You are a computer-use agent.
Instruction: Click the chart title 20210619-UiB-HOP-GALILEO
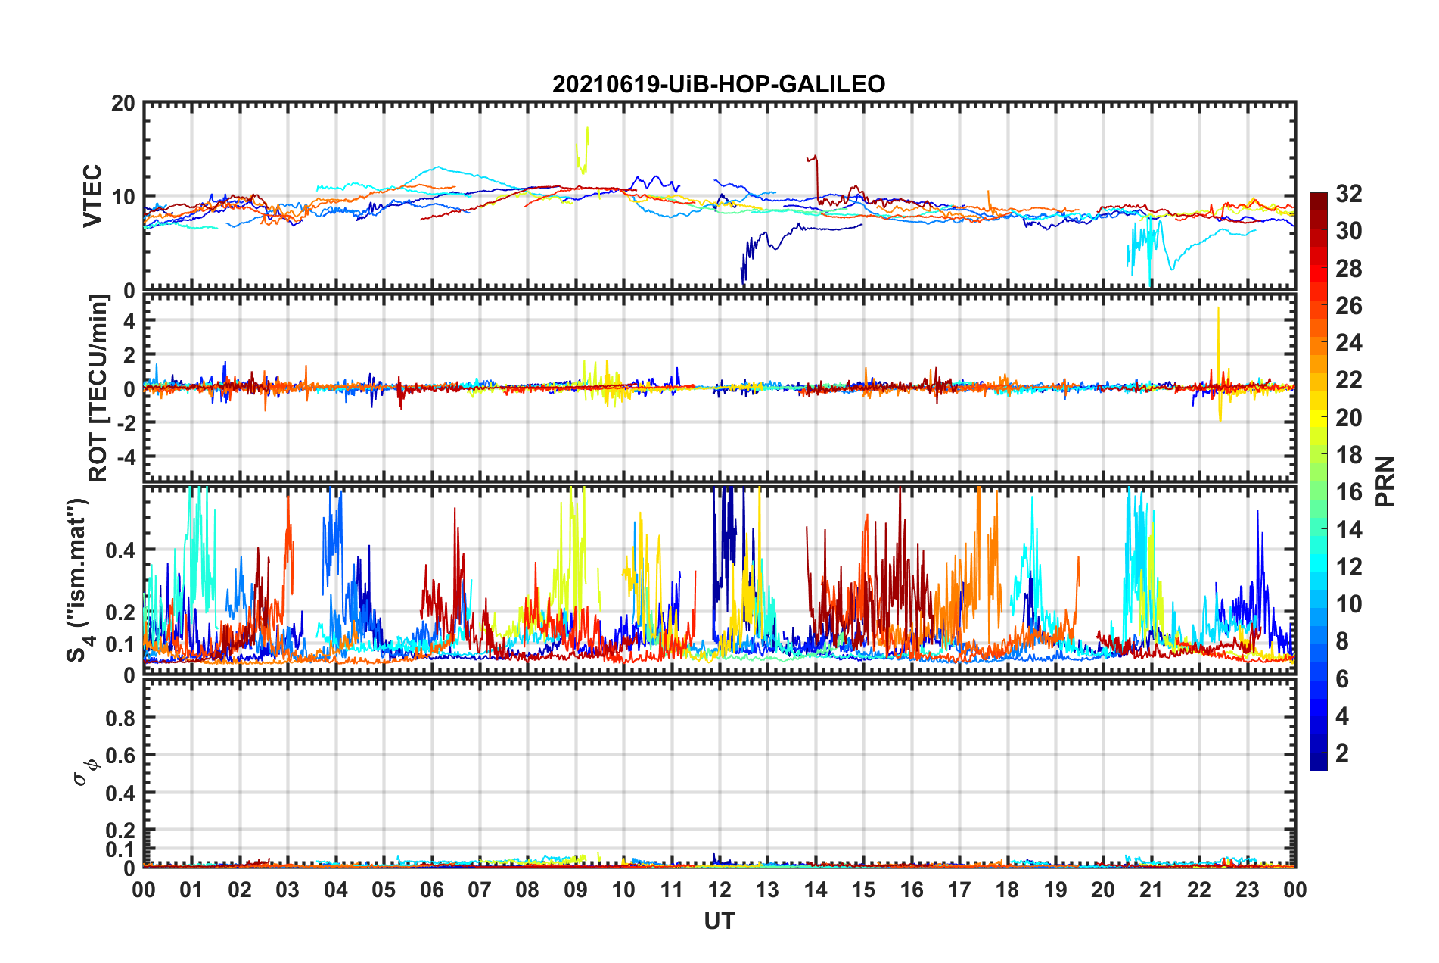point(718,84)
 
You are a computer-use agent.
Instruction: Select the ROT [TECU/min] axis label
point(98,388)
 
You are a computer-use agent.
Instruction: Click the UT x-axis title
point(719,921)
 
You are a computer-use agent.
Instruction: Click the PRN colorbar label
point(1385,481)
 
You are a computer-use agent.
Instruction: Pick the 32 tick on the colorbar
point(1348,194)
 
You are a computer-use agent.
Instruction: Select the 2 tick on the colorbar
point(1342,753)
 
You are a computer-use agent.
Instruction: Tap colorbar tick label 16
point(1348,492)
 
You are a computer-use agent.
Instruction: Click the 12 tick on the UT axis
point(719,890)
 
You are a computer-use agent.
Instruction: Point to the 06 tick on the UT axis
point(431,890)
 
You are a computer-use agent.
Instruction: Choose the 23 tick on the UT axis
point(1247,890)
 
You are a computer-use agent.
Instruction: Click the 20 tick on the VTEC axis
point(123,104)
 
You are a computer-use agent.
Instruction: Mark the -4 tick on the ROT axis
point(124,457)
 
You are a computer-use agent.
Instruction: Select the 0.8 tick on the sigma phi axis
point(120,718)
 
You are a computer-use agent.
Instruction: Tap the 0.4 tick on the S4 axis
point(120,550)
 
